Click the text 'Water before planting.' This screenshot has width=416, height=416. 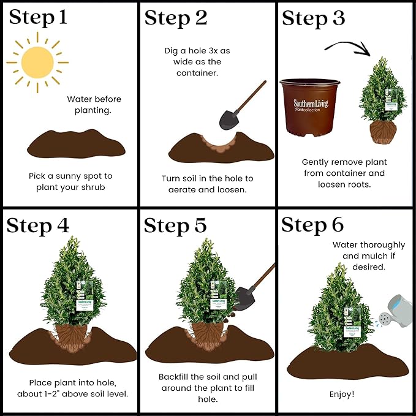94,104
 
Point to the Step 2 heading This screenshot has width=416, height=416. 176,18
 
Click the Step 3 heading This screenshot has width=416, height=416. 314,18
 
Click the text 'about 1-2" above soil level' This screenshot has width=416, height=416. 79,393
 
